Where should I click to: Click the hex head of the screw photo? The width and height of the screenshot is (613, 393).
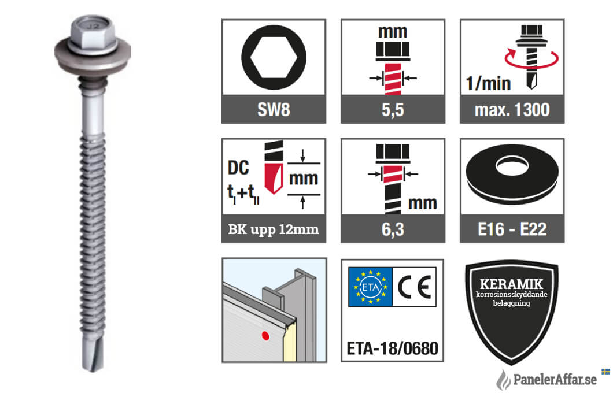click(x=93, y=34)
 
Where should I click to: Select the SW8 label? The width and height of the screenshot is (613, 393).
click(x=274, y=110)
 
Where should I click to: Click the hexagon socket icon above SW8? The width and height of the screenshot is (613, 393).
click(x=274, y=57)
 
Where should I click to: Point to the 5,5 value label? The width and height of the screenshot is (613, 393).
click(x=393, y=110)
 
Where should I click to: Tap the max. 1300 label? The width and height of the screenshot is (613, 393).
click(x=512, y=110)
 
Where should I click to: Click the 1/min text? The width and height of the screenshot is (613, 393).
click(x=488, y=84)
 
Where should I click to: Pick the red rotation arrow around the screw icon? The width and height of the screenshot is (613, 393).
click(x=531, y=58)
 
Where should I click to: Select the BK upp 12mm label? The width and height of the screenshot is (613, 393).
click(x=274, y=229)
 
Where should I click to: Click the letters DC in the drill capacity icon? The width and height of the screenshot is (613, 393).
click(x=238, y=168)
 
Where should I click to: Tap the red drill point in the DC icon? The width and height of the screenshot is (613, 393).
click(x=274, y=179)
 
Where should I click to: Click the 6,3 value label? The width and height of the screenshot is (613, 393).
click(x=393, y=229)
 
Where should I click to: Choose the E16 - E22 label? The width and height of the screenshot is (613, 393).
click(x=512, y=229)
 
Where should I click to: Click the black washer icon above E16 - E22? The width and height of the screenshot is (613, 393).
click(x=512, y=173)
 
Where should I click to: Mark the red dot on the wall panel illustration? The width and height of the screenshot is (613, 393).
click(x=265, y=336)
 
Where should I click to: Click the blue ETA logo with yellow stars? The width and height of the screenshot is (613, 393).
click(x=370, y=287)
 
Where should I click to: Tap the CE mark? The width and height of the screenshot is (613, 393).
click(x=415, y=287)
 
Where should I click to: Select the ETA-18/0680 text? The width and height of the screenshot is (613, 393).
click(x=393, y=348)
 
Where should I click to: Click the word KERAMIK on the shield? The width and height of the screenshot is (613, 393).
click(x=511, y=284)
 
